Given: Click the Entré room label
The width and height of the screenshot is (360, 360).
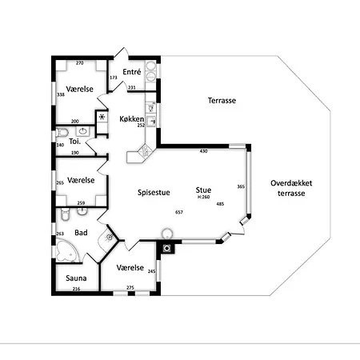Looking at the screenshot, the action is pyautogui.click(x=132, y=72).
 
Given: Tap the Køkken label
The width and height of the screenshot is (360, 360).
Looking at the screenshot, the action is pyautogui.click(x=132, y=119).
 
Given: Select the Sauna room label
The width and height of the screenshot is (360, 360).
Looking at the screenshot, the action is pyautogui.click(x=76, y=278).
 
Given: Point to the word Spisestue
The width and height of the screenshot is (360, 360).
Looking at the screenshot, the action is pyautogui.click(x=154, y=193).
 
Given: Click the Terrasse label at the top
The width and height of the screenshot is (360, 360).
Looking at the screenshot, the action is pyautogui.click(x=222, y=101).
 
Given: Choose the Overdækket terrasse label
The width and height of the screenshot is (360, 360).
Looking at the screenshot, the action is pyautogui.click(x=291, y=188).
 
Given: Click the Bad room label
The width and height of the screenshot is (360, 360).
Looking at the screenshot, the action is pyautogui.click(x=81, y=233).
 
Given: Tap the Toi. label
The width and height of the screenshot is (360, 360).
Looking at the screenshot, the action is pyautogui.click(x=74, y=142).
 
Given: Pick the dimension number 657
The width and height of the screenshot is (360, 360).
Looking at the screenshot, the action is pyautogui.click(x=179, y=212).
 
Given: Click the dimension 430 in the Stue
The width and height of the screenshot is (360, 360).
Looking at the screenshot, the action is pyautogui.click(x=203, y=151).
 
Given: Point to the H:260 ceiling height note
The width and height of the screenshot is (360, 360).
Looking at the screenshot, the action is pyautogui.click(x=203, y=198).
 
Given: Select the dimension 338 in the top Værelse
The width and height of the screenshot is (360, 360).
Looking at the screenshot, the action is pyautogui.click(x=61, y=94).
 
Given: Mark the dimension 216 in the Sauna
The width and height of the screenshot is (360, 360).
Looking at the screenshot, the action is pyautogui.click(x=76, y=289).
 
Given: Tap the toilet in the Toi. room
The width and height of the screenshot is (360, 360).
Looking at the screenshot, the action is pyautogui.click(x=62, y=133).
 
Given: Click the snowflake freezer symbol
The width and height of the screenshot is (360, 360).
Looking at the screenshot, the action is pyautogui.click(x=102, y=117).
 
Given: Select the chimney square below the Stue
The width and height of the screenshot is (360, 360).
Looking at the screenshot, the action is pyautogui.click(x=167, y=249).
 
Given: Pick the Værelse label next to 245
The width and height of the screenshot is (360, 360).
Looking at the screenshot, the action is pyautogui.click(x=130, y=267).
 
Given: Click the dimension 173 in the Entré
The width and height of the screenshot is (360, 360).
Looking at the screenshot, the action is pyautogui.click(x=114, y=78).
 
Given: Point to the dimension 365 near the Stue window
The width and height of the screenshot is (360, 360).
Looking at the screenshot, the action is pyautogui.click(x=241, y=186).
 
